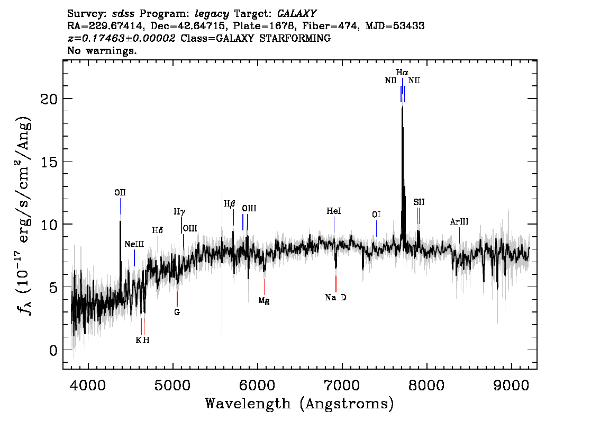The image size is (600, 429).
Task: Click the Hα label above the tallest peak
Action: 402,72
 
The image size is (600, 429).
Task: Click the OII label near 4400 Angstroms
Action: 120,192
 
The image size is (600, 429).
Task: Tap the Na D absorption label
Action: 335,298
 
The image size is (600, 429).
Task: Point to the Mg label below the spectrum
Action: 264,300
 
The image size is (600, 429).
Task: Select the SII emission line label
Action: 419,202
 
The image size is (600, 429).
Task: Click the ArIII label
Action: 459,222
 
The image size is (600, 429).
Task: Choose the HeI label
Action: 334,211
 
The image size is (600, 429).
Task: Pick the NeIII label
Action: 134,244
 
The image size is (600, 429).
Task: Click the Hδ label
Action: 157,230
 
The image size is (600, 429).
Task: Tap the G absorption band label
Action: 177,312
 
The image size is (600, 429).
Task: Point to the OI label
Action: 376,215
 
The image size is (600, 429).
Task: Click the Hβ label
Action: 229,203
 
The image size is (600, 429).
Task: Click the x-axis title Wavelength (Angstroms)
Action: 299,404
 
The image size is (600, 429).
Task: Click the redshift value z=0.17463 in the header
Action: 122,39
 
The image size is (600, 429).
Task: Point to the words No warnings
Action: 102,51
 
